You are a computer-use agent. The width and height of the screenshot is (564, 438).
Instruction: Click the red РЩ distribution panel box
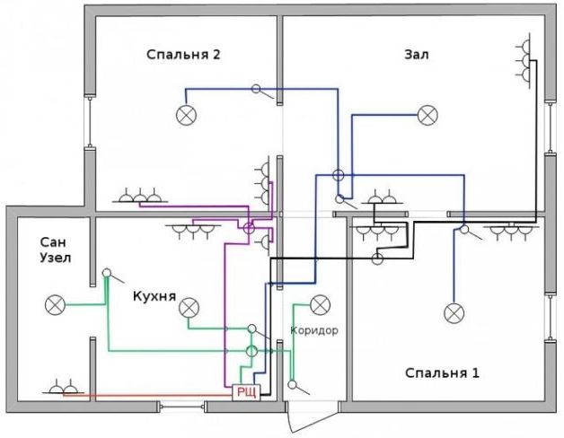(246, 392)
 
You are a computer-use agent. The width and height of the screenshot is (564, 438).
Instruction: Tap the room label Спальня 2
(183, 55)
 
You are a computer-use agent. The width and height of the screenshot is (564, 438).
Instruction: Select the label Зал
(417, 55)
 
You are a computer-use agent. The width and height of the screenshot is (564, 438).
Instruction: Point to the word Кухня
(154, 296)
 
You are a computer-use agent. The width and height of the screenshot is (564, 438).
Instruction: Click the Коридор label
(314, 330)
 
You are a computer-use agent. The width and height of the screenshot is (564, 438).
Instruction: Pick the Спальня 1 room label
(442, 372)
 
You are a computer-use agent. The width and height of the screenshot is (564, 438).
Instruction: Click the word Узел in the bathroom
(56, 258)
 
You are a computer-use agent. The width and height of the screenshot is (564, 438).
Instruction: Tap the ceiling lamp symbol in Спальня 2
(186, 116)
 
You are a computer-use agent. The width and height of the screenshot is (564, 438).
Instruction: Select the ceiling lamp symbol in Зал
(427, 116)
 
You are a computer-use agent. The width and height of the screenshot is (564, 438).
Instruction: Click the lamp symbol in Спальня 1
(454, 313)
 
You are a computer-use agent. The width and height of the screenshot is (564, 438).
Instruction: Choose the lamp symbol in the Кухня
(189, 308)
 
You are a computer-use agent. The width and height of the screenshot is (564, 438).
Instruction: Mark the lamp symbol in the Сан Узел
(55, 305)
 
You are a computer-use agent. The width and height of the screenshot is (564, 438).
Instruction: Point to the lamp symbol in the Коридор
(320, 305)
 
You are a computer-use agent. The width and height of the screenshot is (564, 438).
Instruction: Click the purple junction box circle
(249, 228)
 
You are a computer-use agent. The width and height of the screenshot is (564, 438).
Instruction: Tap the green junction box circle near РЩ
(251, 351)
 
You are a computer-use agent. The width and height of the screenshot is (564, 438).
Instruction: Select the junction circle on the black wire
(377, 258)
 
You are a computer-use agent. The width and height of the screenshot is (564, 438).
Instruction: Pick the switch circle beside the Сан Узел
(106, 273)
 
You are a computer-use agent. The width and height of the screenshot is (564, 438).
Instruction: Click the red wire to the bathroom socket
(148, 395)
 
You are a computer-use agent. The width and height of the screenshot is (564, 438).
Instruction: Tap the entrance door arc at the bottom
(289, 419)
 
